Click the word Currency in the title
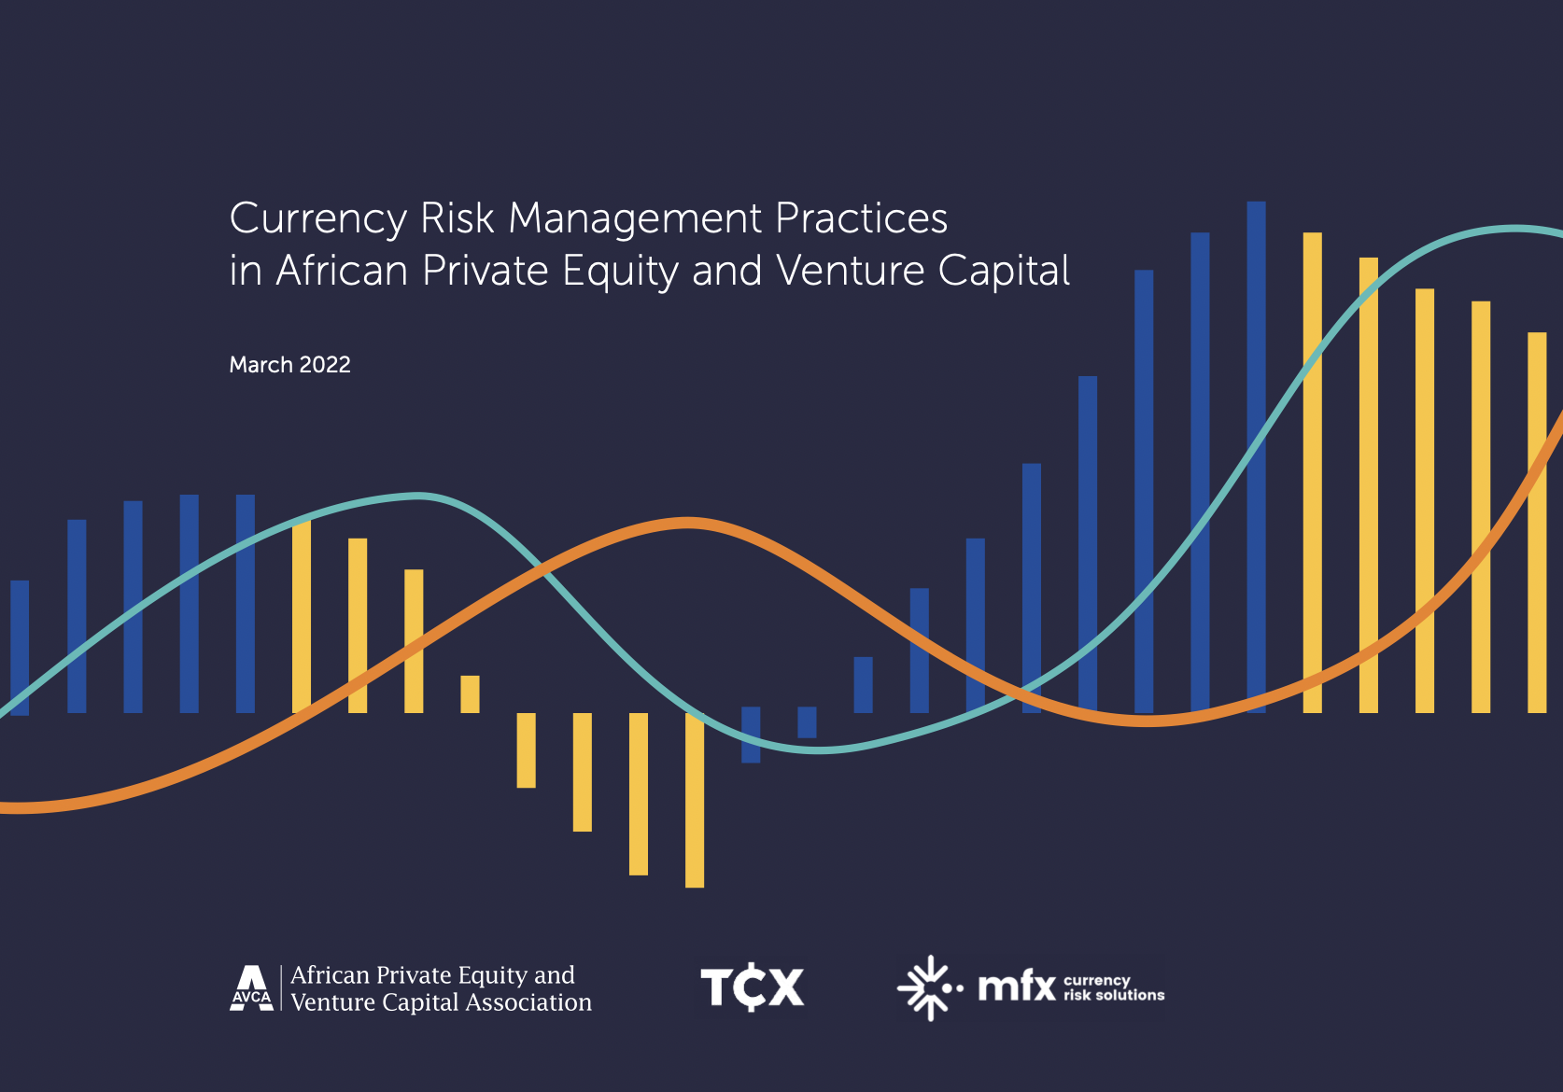click(x=317, y=219)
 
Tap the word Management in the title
click(x=635, y=219)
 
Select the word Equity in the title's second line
click(x=620, y=271)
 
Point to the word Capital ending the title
click(x=1004, y=271)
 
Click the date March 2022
click(x=289, y=365)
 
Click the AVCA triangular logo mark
click(x=252, y=988)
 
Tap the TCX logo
click(x=753, y=987)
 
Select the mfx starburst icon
click(x=930, y=988)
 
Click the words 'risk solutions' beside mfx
click(x=1114, y=996)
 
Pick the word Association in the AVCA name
click(x=528, y=1002)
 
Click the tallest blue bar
click(x=1256, y=457)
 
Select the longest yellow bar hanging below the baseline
click(x=695, y=800)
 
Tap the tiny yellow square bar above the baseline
click(x=470, y=693)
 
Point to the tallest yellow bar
click(x=1312, y=473)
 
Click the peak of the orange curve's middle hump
click(x=687, y=523)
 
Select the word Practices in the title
click(x=862, y=219)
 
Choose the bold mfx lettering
click(x=1018, y=987)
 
